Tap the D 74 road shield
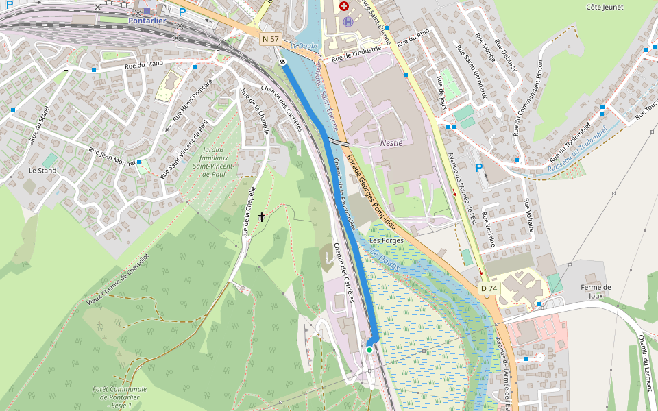click(489, 289)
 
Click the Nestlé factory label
click(391, 143)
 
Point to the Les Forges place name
click(384, 241)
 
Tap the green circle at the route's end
click(369, 350)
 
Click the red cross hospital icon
click(344, 6)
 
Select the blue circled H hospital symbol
click(348, 22)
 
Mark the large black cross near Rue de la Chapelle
click(261, 217)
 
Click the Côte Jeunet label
click(604, 7)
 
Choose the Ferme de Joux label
click(596, 292)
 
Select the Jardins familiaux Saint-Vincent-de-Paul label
click(214, 160)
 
